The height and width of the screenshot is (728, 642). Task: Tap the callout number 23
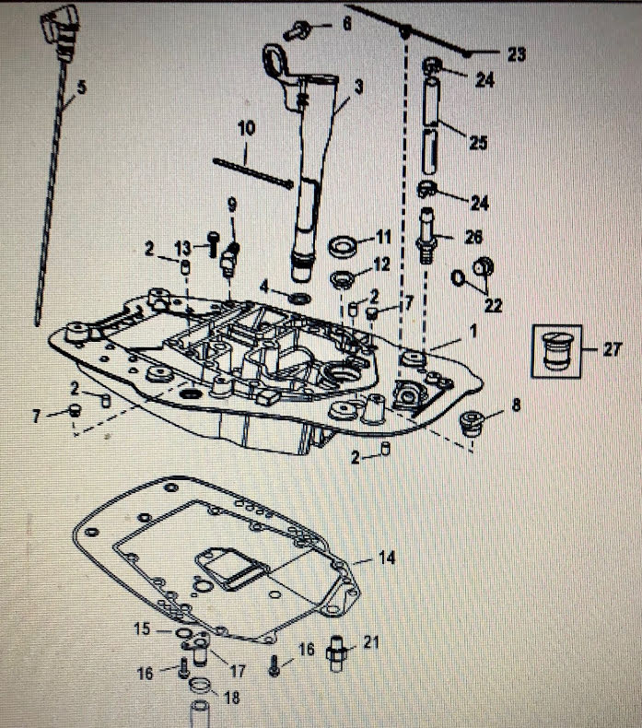(517, 54)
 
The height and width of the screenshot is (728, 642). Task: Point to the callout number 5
(81, 88)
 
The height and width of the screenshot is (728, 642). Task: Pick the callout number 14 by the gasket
(387, 558)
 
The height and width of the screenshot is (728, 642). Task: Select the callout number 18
(232, 699)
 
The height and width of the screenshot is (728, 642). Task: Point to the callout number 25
(478, 143)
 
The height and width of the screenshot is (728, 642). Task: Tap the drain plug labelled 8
(473, 425)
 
